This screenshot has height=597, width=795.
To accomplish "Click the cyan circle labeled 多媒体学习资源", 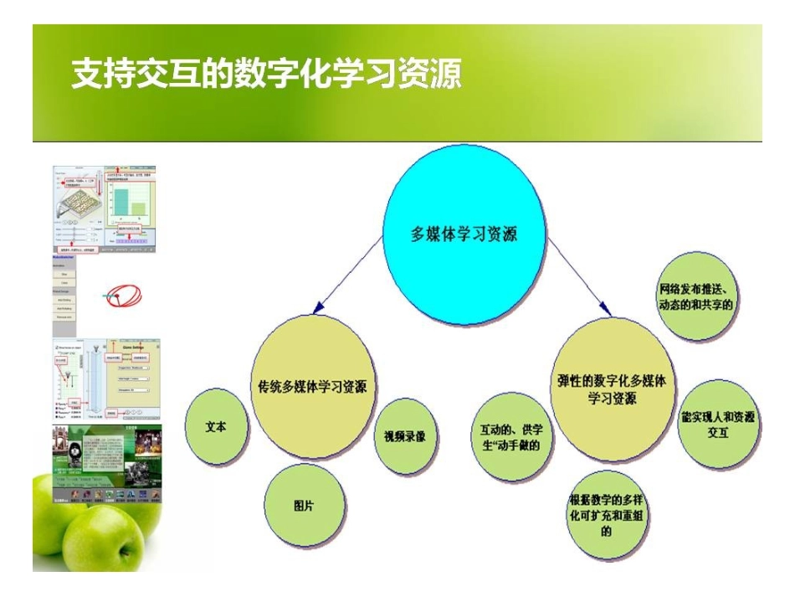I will click(465, 234).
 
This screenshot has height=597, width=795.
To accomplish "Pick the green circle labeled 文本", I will click(217, 425).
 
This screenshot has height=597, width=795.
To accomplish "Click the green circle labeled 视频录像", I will click(404, 435).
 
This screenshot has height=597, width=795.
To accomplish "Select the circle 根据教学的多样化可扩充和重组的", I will click(606, 516).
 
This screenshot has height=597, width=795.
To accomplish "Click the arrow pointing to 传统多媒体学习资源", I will click(347, 276).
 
